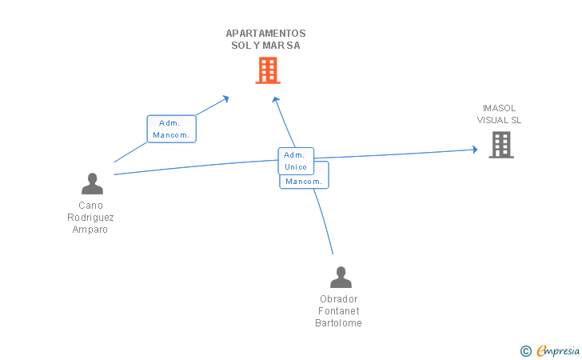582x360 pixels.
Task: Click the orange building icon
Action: pyautogui.click(x=267, y=70)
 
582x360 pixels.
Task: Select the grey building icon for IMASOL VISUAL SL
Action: pyautogui.click(x=500, y=145)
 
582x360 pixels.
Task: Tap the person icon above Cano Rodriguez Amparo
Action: pyautogui.click(x=92, y=184)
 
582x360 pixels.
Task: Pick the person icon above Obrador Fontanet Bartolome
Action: pyautogui.click(x=341, y=278)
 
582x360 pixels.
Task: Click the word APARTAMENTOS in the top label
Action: pyautogui.click(x=265, y=34)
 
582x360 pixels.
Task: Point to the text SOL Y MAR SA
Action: pyautogui.click(x=265, y=46)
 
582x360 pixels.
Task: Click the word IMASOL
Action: pyautogui.click(x=499, y=108)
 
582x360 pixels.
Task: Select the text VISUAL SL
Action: pyautogui.click(x=499, y=120)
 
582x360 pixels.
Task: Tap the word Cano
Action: pyautogui.click(x=90, y=206)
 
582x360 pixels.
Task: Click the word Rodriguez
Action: pyautogui.click(x=90, y=218)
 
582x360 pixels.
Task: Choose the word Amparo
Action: pyautogui.click(x=90, y=230)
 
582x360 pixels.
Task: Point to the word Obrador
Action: pyautogui.click(x=339, y=299)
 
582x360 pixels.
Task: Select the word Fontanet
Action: pyautogui.click(x=339, y=311)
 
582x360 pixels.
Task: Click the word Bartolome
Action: pyautogui.click(x=339, y=323)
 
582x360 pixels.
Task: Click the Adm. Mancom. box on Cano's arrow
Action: pyautogui.click(x=171, y=129)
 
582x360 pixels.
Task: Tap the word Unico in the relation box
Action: pyautogui.click(x=296, y=167)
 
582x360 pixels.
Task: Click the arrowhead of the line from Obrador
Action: pyautogui.click(x=275, y=99)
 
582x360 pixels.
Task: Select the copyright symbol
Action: pyautogui.click(x=525, y=350)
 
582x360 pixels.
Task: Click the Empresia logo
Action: pyautogui.click(x=558, y=350)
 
